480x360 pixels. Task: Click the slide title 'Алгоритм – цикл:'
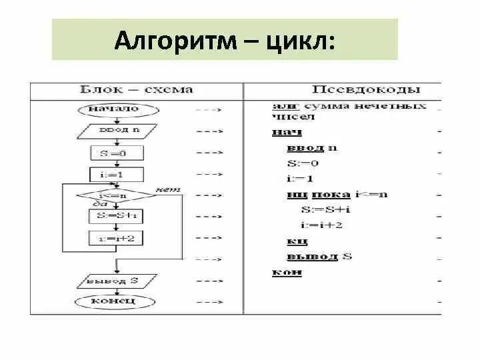(x=225, y=40)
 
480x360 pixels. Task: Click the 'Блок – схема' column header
(x=136, y=89)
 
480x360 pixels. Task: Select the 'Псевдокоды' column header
(x=366, y=89)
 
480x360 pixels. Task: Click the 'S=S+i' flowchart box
(x=116, y=217)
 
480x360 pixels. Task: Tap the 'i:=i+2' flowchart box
(x=116, y=238)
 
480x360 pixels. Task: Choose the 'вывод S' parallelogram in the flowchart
(x=116, y=281)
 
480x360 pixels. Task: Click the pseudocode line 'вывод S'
(x=319, y=256)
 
